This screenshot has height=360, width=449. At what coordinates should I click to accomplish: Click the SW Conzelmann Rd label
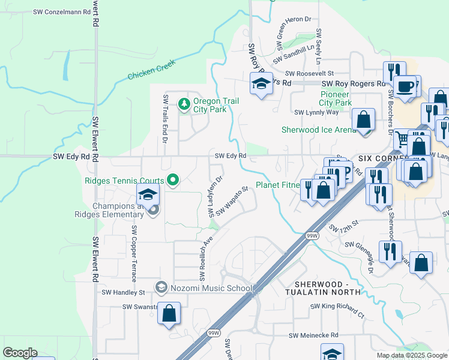tap(56, 12)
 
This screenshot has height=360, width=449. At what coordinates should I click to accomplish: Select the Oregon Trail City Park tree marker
tap(184, 104)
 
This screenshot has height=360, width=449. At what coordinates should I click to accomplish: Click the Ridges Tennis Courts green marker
tap(173, 179)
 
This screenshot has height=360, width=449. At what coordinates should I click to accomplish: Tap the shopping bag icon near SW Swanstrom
tap(169, 313)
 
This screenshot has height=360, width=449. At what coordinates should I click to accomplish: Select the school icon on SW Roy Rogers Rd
tap(262, 85)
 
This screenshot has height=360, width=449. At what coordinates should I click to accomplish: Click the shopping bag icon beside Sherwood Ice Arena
tap(364, 120)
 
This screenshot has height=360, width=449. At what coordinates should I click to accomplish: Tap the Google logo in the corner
tap(20, 353)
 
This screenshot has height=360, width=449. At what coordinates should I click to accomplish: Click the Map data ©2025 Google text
tap(411, 355)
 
